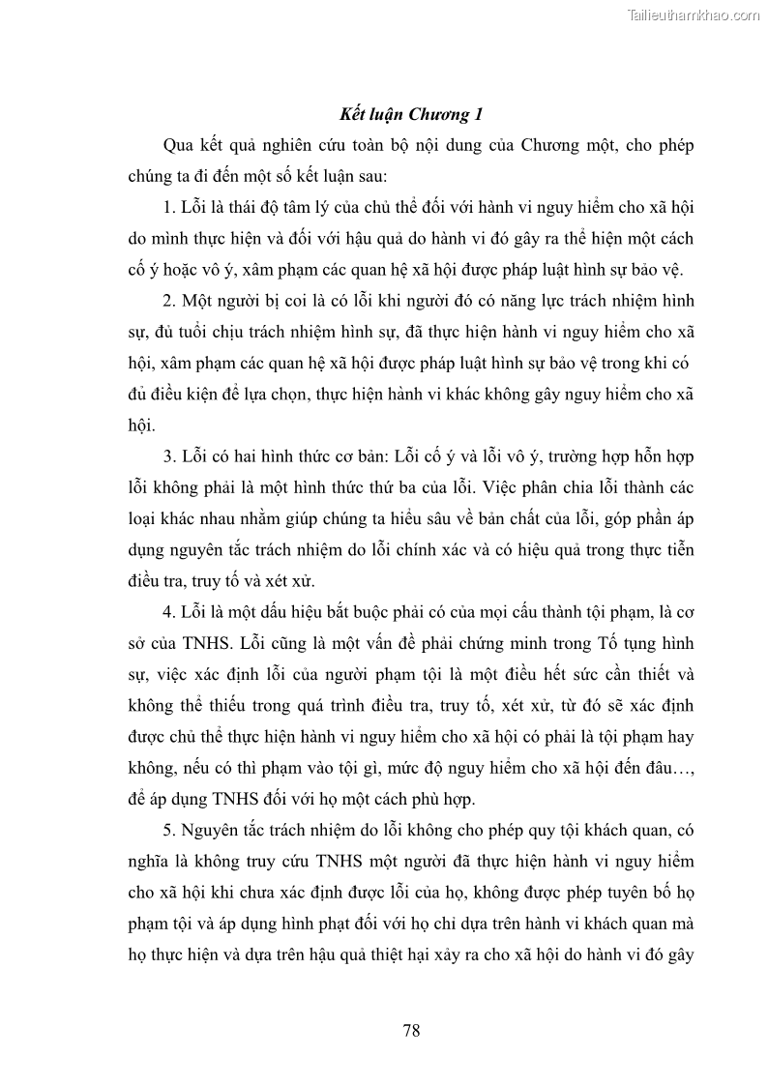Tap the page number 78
pyautogui.click(x=411, y=1030)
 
